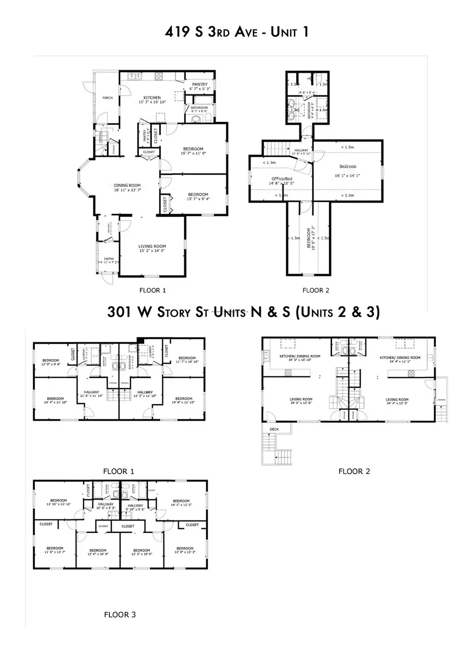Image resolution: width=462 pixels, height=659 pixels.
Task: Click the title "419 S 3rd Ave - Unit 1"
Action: [x=230, y=31]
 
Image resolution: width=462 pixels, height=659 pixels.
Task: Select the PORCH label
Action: [x=107, y=97]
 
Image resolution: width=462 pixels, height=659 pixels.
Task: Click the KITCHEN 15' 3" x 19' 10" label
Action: [x=152, y=99]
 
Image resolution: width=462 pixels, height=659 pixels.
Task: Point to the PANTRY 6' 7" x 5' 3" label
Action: [x=199, y=87]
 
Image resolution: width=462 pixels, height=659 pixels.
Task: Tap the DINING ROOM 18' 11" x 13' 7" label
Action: [x=128, y=188]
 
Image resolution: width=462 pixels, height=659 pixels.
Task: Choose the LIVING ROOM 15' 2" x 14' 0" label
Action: [x=152, y=249]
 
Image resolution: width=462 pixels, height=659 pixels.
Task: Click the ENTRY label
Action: [x=109, y=261]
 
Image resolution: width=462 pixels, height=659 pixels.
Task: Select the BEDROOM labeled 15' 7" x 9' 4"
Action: [x=198, y=197]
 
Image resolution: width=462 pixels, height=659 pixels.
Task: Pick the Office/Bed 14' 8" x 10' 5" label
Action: [x=281, y=181]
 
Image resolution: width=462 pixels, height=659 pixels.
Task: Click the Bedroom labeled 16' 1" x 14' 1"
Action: [x=348, y=169]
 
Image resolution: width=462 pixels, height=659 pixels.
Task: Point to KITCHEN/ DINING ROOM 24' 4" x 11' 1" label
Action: [x=400, y=360]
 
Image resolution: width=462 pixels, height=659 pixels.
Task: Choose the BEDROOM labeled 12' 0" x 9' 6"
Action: [x=51, y=361]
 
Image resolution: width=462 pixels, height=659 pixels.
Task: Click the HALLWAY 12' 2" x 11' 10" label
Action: [x=143, y=394]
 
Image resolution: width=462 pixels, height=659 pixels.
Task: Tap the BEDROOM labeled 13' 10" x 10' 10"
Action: [x=60, y=503]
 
